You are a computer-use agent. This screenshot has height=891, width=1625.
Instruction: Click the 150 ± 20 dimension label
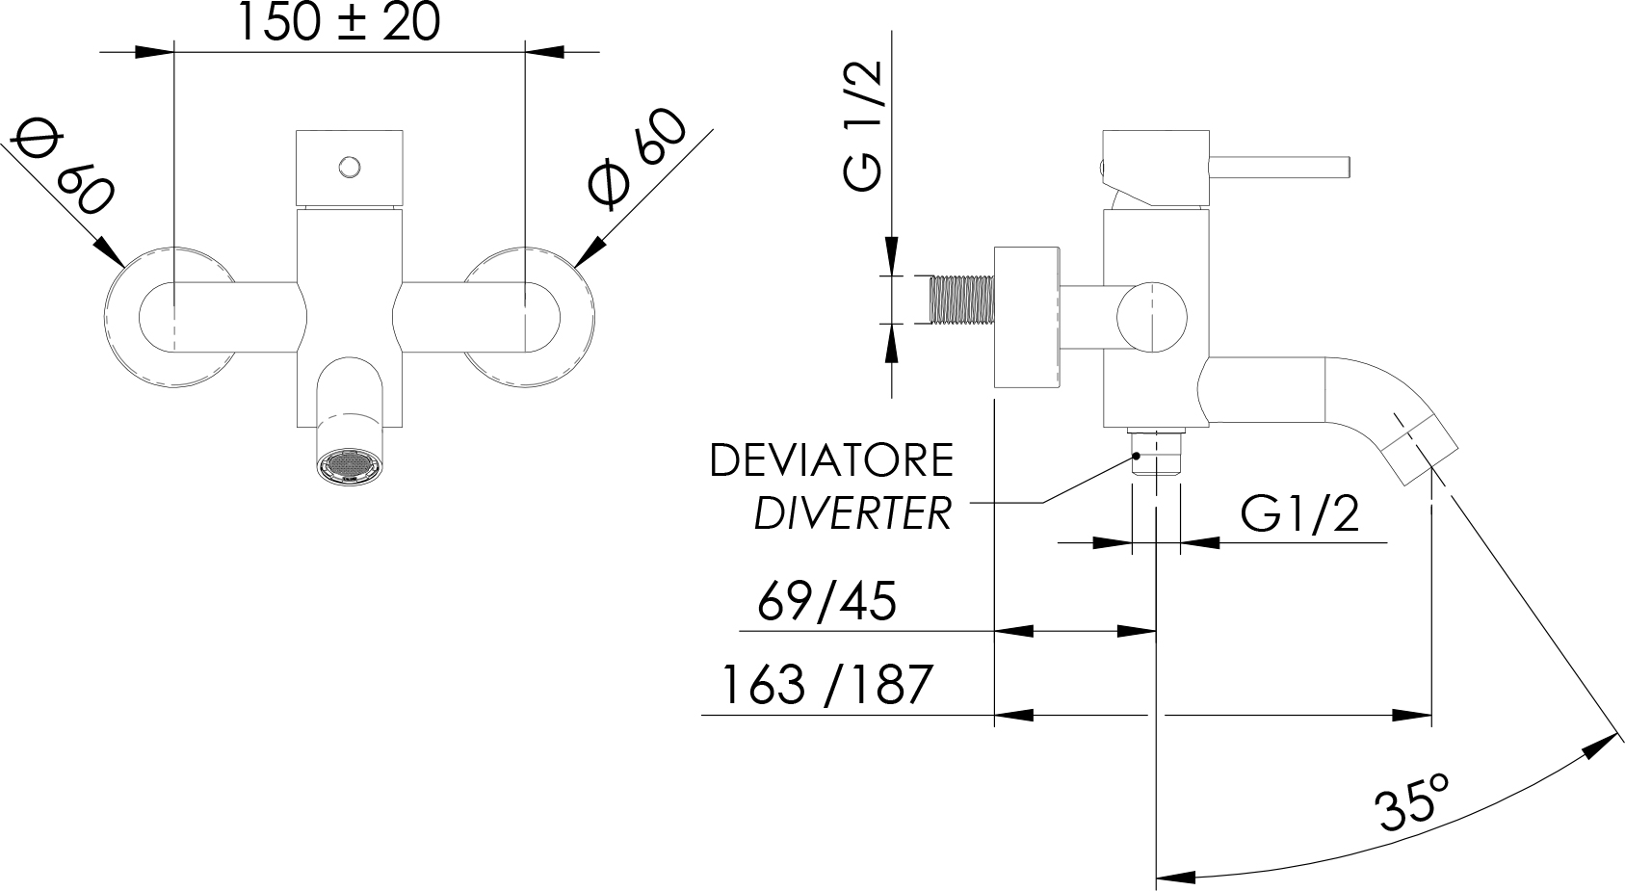coord(339,22)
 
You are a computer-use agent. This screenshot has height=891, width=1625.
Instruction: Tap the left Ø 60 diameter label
coord(64,170)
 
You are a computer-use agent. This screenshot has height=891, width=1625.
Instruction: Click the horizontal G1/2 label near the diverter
coord(1299,513)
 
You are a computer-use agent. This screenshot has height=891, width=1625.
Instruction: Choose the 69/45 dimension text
coord(827,601)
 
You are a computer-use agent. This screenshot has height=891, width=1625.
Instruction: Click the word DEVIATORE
coord(831,460)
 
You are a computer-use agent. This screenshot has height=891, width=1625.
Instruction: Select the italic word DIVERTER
coord(853,513)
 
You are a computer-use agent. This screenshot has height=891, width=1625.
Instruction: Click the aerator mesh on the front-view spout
coord(350,463)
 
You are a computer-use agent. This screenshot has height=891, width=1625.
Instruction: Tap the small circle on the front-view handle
coord(349,167)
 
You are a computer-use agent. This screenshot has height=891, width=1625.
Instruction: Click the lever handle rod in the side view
coord(1279,166)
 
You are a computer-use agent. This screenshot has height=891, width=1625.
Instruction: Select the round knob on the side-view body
coord(1152,317)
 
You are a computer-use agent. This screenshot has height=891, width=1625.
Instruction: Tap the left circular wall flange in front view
coord(171,316)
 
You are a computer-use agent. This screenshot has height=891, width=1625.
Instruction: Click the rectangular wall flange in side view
coord(1027,317)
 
